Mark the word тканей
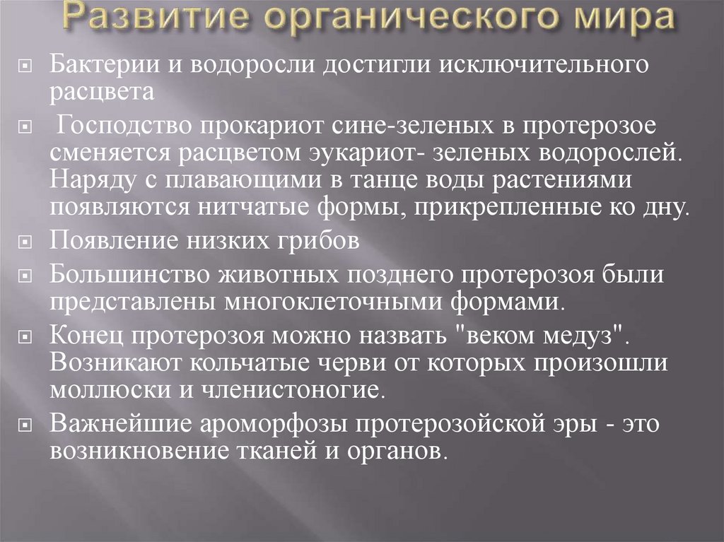258,449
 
